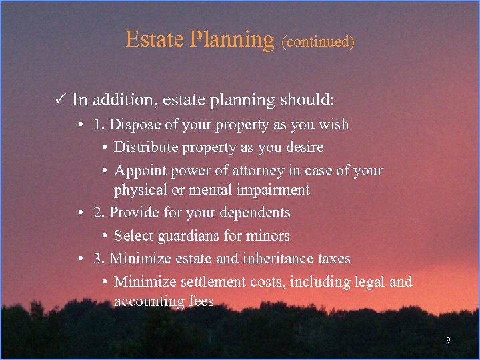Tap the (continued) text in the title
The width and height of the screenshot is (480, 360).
coord(317,42)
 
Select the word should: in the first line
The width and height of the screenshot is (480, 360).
coord(311,101)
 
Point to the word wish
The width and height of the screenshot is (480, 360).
coord(334,125)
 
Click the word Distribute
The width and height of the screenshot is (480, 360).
coord(144,147)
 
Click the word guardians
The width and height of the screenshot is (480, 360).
coord(184,236)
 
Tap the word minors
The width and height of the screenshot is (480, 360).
coord(269,236)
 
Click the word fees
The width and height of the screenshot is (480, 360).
coord(200,301)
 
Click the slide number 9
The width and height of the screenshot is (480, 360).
coord(448,341)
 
